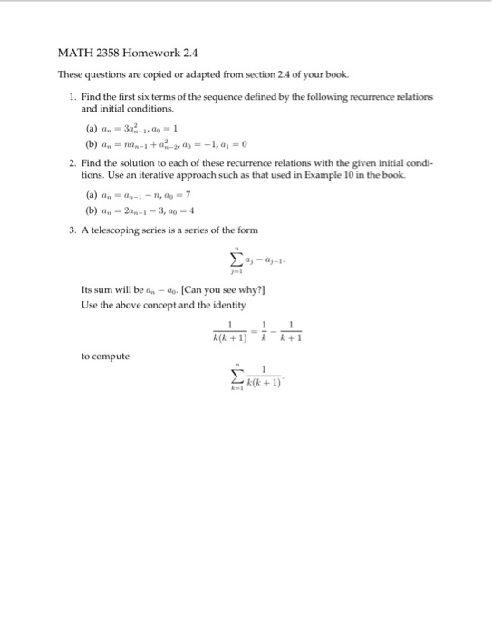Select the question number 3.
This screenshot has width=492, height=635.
tap(72, 230)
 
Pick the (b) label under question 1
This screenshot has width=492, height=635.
tap(90, 143)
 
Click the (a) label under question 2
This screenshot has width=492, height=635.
tap(90, 196)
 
